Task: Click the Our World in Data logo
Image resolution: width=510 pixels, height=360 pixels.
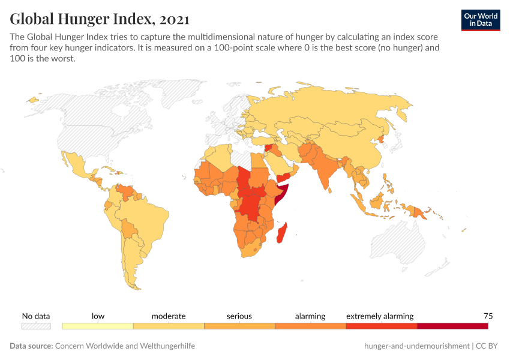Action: pos(481,19)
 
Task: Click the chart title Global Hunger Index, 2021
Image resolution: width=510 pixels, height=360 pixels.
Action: pos(100,19)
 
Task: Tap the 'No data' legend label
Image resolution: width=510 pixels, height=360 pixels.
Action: pos(36,316)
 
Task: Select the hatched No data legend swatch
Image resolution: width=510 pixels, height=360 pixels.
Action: pos(36,326)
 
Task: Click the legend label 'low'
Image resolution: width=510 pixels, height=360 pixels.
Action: pos(98,316)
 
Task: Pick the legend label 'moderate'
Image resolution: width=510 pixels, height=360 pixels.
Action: pos(169,316)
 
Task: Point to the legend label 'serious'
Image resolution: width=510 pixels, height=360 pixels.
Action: pos(239,316)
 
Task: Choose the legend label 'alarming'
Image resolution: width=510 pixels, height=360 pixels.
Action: pos(310,316)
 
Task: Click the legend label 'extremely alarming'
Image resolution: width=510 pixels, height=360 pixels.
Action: pos(380,316)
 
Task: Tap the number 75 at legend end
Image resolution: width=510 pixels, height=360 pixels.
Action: pos(488,316)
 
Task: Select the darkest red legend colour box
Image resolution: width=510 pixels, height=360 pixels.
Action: pos(452,326)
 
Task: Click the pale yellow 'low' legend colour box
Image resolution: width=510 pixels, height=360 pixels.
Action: pos(98,326)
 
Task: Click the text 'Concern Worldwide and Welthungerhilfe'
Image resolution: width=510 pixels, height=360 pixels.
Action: pos(125,346)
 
